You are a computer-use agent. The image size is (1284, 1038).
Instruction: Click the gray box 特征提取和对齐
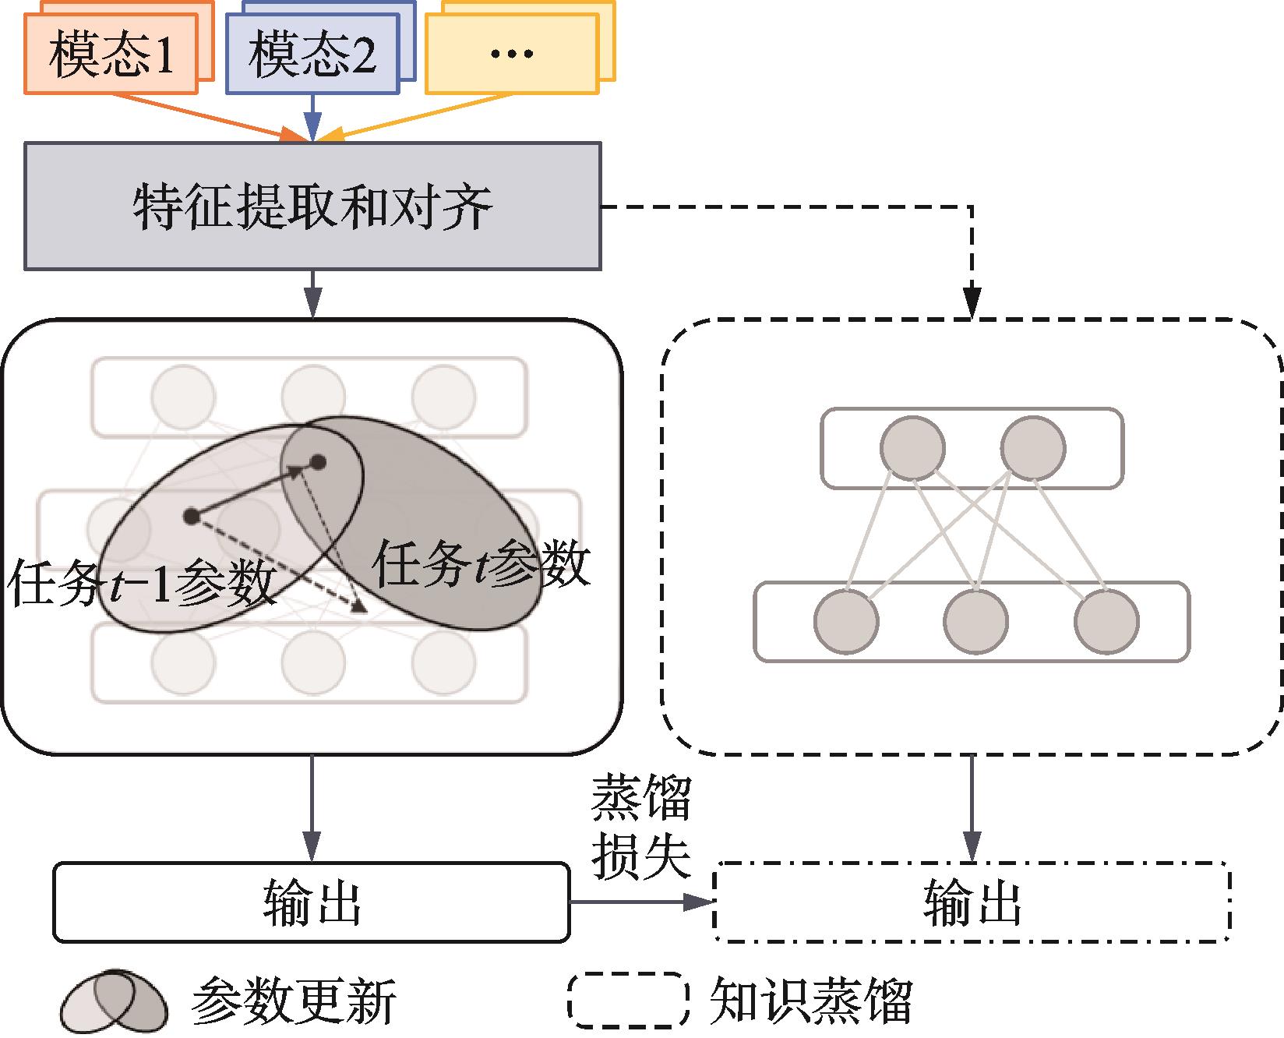tap(312, 207)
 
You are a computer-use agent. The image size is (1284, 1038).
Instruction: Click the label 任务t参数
tap(481, 564)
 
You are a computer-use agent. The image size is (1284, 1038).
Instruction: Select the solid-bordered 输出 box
tap(312, 902)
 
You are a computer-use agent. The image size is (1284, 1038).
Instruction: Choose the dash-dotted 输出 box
tap(972, 902)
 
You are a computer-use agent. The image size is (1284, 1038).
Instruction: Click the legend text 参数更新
tap(293, 1001)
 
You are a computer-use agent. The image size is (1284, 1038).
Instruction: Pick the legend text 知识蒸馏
tap(810, 1001)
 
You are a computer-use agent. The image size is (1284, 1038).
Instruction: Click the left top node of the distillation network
tap(912, 448)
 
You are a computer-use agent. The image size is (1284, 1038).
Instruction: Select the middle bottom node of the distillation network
tap(975, 622)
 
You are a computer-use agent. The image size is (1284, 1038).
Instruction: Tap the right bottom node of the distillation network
tap(1106, 622)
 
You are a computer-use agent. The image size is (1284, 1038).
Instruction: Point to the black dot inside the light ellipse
tap(191, 515)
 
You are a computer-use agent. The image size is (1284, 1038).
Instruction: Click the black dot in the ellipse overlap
tap(317, 463)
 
